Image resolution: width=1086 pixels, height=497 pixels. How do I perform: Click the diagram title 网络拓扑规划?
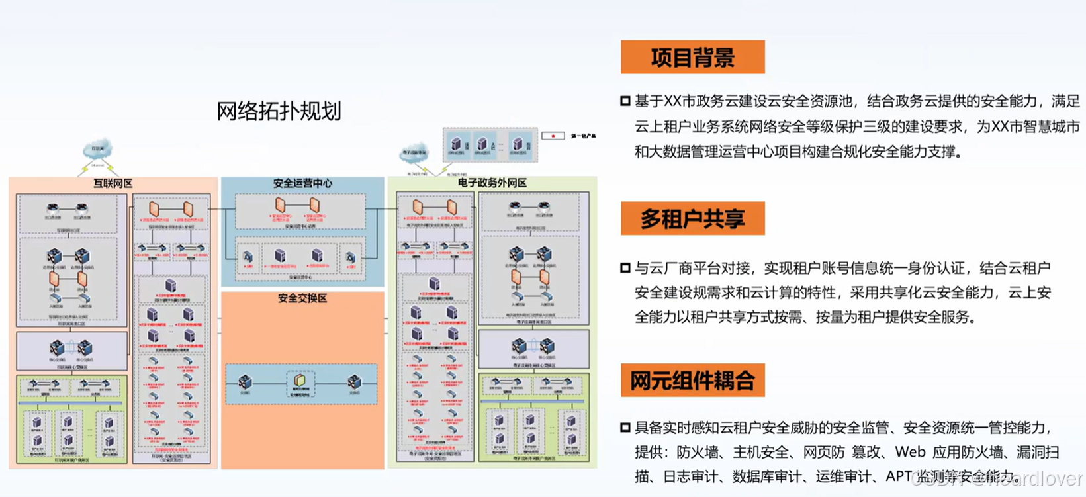(279, 111)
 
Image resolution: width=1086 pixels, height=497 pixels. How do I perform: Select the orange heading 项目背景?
(692, 58)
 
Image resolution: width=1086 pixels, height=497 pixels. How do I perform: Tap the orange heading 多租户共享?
(692, 219)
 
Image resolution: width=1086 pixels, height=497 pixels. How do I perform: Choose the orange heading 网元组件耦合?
(692, 381)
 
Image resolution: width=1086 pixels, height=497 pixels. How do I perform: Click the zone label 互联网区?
(113, 183)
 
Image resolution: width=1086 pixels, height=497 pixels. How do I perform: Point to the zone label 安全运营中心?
(302, 183)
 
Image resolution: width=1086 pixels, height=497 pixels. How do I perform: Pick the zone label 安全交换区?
(302, 298)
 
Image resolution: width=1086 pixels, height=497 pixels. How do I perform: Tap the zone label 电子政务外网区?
(492, 183)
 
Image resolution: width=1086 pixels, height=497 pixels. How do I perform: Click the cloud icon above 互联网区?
(97, 150)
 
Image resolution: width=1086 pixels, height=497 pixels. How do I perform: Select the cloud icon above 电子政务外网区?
(415, 153)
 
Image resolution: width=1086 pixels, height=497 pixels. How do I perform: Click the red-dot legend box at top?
(553, 136)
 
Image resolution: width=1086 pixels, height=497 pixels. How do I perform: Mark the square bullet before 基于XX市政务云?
(625, 101)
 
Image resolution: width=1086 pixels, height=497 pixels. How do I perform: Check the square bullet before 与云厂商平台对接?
(625, 268)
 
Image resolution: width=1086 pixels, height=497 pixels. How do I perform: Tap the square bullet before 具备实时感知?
(625, 428)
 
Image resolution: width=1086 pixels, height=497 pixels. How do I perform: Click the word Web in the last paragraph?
(910, 452)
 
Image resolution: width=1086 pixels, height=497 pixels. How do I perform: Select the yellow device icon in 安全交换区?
(300, 381)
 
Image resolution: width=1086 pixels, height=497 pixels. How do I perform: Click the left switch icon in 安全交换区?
(246, 382)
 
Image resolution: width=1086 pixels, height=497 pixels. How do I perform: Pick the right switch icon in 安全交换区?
(355, 382)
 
